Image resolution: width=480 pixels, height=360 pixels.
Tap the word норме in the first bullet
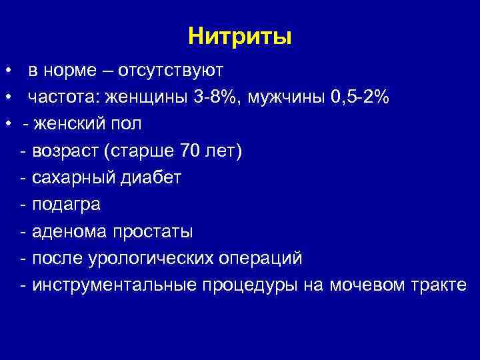pyautogui.click(x=69, y=70)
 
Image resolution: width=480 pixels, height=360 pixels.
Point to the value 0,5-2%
pyautogui.click(x=360, y=97)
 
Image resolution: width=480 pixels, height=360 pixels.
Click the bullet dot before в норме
pyautogui.click(x=8, y=71)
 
